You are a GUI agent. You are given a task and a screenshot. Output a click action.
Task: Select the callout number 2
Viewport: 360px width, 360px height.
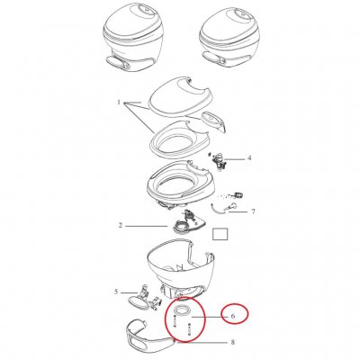click(x=120, y=225)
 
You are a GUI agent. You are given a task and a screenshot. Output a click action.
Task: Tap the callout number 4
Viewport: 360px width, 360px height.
click(x=249, y=159)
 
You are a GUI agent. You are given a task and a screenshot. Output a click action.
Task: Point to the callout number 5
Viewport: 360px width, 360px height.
click(x=116, y=292)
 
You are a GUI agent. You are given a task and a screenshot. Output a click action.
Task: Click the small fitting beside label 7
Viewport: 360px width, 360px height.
click(x=239, y=193)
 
